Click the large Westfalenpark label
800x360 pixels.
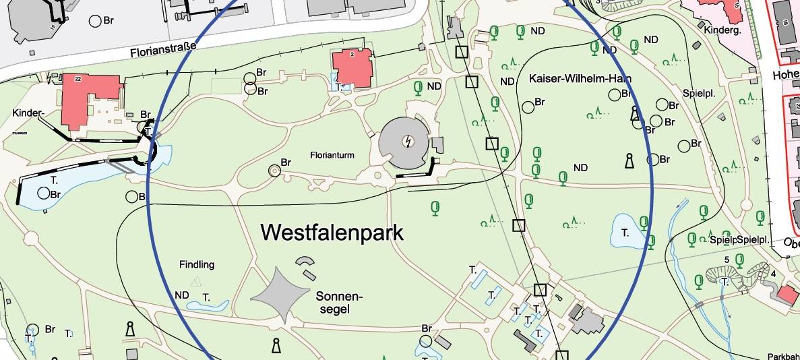pos(332,233)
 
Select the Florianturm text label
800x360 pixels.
pos(332,154)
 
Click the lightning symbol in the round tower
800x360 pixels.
pos(407,141)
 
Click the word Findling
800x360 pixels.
pos(197,265)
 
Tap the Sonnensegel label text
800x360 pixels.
pos(339,303)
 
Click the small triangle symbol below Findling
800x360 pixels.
pos(196,281)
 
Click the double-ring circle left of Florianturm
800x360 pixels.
pos(274,171)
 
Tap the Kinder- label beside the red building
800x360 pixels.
pos(28,113)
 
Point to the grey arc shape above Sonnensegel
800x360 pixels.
pos(305,261)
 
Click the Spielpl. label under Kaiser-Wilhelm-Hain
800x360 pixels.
pos(698,93)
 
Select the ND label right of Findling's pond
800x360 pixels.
pos(182,295)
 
